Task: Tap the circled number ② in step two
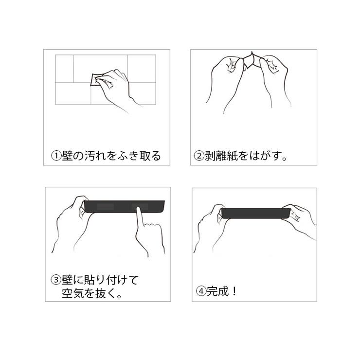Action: (199, 156)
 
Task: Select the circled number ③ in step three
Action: (56, 280)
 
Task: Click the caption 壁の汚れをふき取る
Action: (112, 156)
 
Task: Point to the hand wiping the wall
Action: (117, 85)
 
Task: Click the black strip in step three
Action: (125, 206)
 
